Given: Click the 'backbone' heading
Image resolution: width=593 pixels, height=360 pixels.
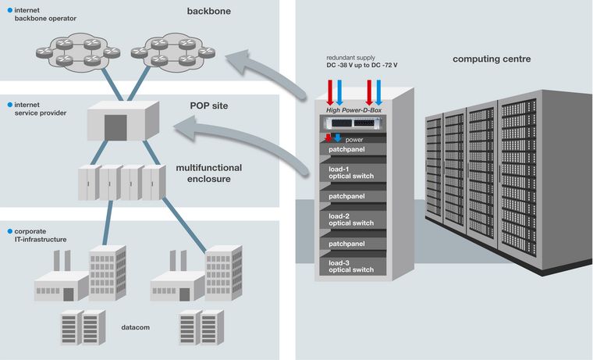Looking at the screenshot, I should tap(209, 12).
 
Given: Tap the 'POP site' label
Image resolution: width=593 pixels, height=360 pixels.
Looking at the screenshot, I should tap(209, 105).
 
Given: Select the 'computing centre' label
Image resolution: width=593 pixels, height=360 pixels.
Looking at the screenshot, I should tap(492, 59).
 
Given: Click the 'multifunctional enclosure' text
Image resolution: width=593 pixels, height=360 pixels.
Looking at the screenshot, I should tap(208, 173).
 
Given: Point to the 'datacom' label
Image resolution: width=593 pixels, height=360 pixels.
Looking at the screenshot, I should tap(137, 328).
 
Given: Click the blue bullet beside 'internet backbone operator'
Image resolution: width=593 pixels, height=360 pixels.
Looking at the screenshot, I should tap(9, 9).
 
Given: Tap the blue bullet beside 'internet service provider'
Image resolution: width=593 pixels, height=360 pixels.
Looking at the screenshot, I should tap(9, 104).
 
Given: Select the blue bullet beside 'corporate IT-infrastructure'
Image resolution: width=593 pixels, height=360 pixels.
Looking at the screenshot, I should tap(9, 232).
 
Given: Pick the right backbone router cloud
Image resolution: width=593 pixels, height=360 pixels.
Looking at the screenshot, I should tap(172, 51).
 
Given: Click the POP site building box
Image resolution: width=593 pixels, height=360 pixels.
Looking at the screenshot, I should tap(115, 125).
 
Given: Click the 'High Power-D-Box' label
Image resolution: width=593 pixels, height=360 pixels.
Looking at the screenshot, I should tap(356, 110).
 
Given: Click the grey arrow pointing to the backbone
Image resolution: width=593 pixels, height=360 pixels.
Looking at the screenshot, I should tap(265, 74).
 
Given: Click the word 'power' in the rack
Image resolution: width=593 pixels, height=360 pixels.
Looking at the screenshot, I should tap(354, 140).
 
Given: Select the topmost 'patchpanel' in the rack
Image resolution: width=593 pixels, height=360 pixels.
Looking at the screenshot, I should tap(349, 149).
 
